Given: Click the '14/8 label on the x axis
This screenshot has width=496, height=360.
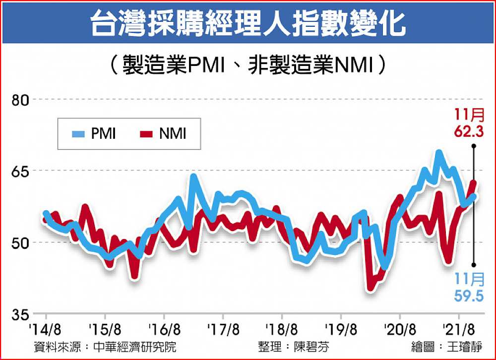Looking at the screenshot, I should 46,329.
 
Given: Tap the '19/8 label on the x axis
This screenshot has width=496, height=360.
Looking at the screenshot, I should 341,329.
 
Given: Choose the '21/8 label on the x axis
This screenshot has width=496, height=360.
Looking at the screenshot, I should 459,329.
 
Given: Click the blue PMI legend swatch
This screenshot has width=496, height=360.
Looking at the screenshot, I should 79,134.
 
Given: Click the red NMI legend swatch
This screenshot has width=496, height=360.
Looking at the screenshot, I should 147,134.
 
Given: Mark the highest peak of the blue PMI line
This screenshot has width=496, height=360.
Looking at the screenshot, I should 438,152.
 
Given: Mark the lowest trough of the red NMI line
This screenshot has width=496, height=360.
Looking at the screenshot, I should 370,288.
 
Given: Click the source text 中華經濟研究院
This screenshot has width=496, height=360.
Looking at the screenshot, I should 140,347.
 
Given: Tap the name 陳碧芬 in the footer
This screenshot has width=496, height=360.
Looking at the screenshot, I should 311,347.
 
